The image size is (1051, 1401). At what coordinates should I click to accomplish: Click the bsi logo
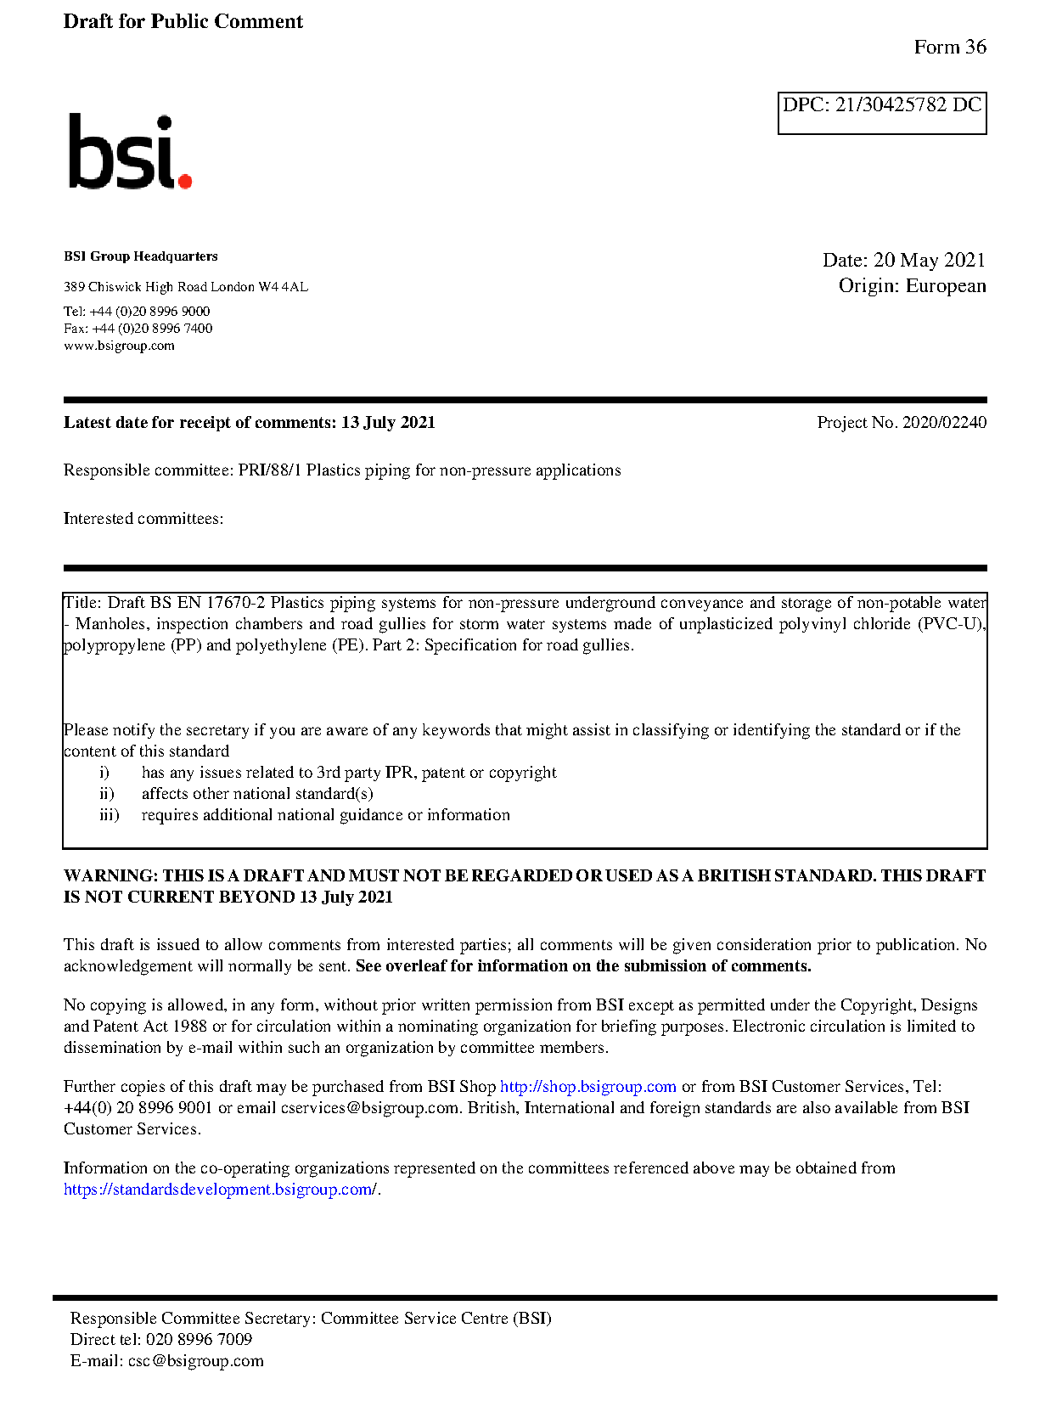point(129,152)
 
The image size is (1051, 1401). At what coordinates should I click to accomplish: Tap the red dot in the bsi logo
point(184,180)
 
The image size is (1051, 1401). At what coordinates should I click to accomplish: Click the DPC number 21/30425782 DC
point(908,105)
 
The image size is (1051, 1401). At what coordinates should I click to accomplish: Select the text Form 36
point(950,48)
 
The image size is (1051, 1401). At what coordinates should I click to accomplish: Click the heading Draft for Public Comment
point(183,22)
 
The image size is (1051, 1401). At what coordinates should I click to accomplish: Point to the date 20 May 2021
point(930,261)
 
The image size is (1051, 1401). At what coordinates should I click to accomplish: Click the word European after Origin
point(946,286)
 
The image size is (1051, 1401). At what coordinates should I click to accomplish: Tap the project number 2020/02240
point(944,423)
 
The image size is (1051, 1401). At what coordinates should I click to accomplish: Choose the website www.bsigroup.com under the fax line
point(119,346)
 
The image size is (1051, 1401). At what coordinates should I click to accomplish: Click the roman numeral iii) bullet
point(109,815)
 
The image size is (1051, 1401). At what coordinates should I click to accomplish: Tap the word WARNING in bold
point(110,876)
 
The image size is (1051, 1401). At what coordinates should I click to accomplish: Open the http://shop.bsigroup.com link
point(587,1087)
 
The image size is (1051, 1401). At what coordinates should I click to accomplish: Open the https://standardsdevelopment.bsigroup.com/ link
point(220,1190)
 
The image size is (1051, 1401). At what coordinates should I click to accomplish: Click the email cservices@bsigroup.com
point(370,1108)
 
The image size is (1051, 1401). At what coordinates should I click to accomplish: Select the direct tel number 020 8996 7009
point(199,1340)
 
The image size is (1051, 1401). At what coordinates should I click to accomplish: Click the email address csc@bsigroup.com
point(196,1361)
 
